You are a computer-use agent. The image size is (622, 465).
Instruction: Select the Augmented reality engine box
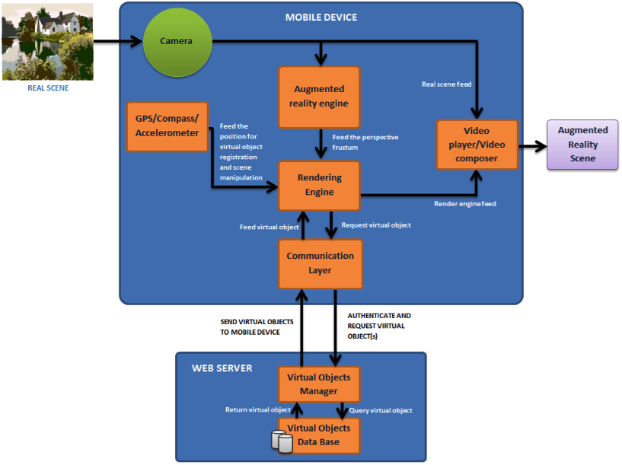pos(320,96)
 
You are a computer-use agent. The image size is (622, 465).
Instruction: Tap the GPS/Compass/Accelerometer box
pos(167,126)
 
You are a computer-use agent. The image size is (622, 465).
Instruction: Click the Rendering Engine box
pos(320,185)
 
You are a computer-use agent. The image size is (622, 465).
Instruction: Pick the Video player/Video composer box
pos(477,145)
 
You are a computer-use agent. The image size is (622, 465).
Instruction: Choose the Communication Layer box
pos(320,263)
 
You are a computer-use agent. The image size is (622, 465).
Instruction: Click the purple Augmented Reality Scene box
pos(582,145)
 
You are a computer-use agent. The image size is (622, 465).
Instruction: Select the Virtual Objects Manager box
pos(318,384)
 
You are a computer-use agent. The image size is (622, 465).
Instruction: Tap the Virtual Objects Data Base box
pos(318,435)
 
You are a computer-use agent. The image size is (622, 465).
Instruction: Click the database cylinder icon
pos(282,442)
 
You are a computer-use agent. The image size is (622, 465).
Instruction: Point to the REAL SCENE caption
pos(48,88)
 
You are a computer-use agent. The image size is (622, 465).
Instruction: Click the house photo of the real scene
pos(48,42)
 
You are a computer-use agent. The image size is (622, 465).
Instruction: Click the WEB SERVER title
pos(222,368)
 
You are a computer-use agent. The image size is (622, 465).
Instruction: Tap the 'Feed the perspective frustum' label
pos(365,142)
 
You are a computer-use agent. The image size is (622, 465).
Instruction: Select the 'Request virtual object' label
pos(376,225)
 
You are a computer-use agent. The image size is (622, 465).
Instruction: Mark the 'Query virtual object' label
pos(381,410)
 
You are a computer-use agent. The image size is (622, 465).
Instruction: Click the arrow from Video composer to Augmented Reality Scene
pos(533,145)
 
